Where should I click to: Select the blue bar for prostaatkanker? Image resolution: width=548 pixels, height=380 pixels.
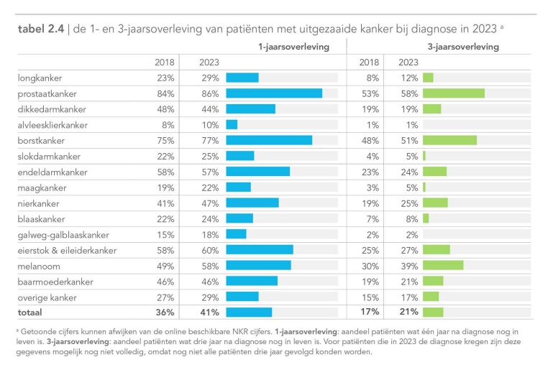point(274,93)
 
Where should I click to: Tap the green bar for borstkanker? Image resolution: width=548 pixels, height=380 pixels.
point(449,140)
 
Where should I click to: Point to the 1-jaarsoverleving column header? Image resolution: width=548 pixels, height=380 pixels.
point(294,47)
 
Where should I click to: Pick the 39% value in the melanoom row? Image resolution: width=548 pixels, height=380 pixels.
point(409,265)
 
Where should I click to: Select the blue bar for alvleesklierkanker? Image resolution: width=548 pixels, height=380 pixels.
point(232,125)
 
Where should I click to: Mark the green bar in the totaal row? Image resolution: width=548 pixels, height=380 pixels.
point(433,312)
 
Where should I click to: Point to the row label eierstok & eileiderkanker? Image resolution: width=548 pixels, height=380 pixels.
point(67,250)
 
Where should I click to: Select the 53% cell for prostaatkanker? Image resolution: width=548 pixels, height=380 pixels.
point(369,93)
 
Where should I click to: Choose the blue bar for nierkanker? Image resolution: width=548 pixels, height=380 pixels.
point(252,203)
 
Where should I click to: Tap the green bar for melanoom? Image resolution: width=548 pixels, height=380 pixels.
point(443,265)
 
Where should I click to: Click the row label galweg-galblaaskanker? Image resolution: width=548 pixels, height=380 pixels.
point(63,234)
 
